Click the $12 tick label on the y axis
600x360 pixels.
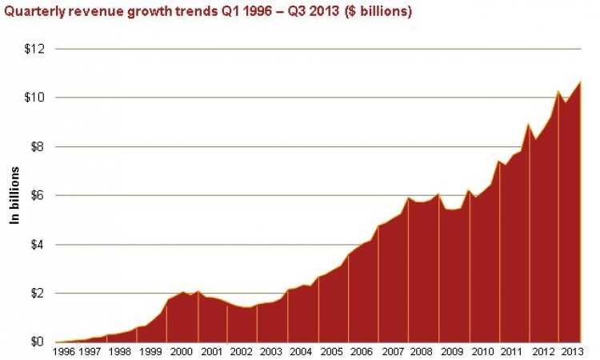pos(34,49)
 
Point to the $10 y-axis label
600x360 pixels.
pos(34,98)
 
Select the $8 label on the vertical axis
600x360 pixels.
pos(38,146)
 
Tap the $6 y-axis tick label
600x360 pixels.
pos(38,195)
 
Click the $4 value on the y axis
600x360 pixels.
pos(38,245)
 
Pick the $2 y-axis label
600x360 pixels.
pos(38,294)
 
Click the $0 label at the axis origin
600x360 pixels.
pos(38,342)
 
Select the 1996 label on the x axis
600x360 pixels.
pos(64,351)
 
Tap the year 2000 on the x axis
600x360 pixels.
pos(182,351)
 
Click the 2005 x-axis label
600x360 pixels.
pos(331,351)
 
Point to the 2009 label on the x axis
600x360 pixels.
pos(452,351)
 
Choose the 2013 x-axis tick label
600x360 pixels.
pos(572,351)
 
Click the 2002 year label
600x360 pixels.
pos(242,351)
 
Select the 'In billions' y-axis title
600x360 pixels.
pos(14,195)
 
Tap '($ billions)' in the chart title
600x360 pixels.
pos(378,11)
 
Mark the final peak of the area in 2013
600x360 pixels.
pos(581,82)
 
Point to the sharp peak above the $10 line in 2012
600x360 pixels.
pos(558,90)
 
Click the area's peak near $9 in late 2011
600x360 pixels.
pos(529,123)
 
